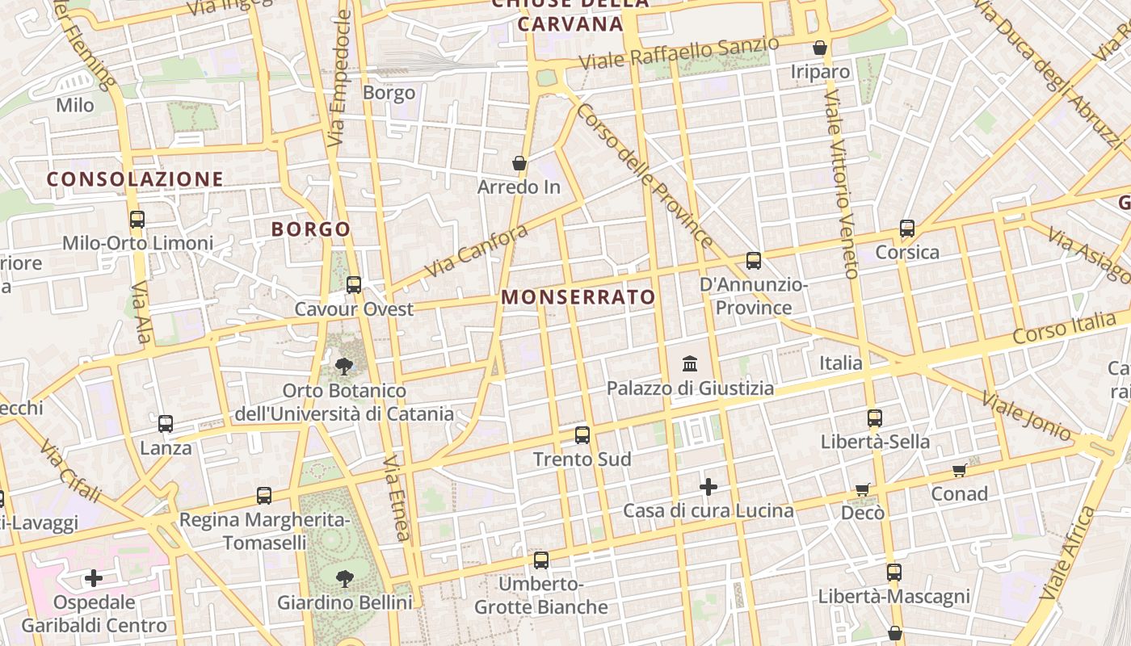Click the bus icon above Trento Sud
[582, 435]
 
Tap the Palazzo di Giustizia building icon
[690, 363]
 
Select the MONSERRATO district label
[578, 297]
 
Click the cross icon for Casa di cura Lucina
[708, 487]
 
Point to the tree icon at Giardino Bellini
[345, 578]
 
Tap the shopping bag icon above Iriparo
[820, 48]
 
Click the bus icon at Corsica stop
[907, 229]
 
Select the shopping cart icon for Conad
[959, 470]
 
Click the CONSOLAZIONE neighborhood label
[135, 179]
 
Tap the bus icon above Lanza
[166, 423]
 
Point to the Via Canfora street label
[477, 250]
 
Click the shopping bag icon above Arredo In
[519, 164]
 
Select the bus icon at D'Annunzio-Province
[754, 261]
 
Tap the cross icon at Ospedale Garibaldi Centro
[94, 578]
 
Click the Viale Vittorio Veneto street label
[840, 186]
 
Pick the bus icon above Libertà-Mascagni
[893, 573]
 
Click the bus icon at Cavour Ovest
[353, 285]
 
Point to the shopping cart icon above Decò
[863, 489]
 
